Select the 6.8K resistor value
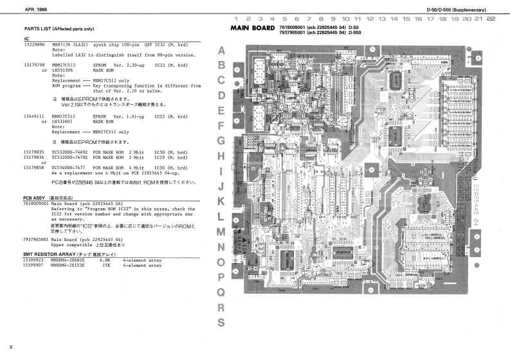tap(107, 260)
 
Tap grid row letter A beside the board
tap(222, 50)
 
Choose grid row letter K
tap(222, 201)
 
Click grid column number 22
tap(491, 19)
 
